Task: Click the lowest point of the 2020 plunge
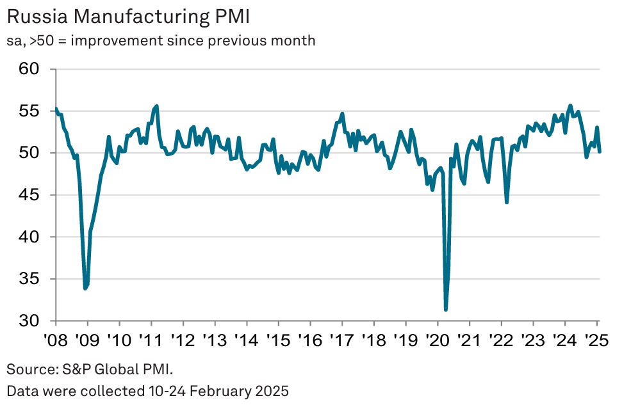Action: [x=445, y=310]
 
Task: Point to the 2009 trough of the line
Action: [x=85, y=289]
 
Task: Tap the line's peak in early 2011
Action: [x=157, y=106]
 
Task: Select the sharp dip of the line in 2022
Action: [x=507, y=202]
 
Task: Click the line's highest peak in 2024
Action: [x=570, y=105]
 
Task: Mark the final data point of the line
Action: [x=600, y=151]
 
